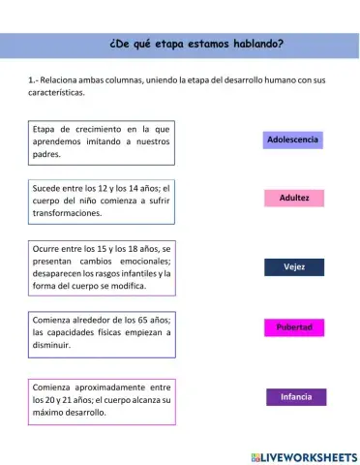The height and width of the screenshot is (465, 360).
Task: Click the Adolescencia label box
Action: coord(293,140)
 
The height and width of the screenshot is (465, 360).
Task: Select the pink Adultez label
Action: coord(294,199)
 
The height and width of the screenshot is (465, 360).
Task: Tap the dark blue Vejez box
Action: coord(294,266)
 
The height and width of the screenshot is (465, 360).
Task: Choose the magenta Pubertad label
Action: coord(294,327)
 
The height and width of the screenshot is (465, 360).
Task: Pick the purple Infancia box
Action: coord(296,397)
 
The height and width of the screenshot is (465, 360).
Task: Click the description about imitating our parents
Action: coord(101,141)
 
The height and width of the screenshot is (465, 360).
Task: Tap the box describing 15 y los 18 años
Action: coord(101,267)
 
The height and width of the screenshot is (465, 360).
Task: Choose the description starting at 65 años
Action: coord(101,332)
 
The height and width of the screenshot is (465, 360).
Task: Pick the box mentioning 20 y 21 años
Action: coord(101,399)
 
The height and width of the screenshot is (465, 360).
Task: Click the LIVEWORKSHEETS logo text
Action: coord(310,455)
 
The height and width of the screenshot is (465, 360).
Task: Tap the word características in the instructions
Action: coord(57,92)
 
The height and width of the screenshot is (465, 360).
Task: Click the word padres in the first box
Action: coord(46,154)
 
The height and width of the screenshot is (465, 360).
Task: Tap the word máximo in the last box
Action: coord(49,412)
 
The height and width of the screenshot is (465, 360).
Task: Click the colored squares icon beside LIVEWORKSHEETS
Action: coord(255,455)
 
